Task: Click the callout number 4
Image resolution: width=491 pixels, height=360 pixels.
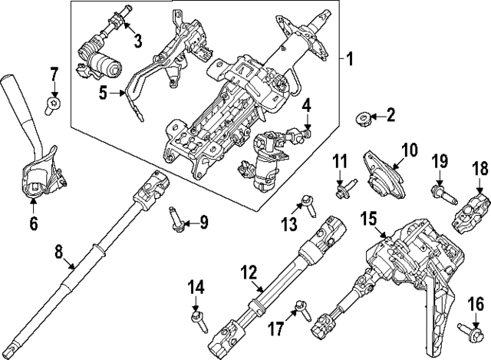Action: pos(305,105)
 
